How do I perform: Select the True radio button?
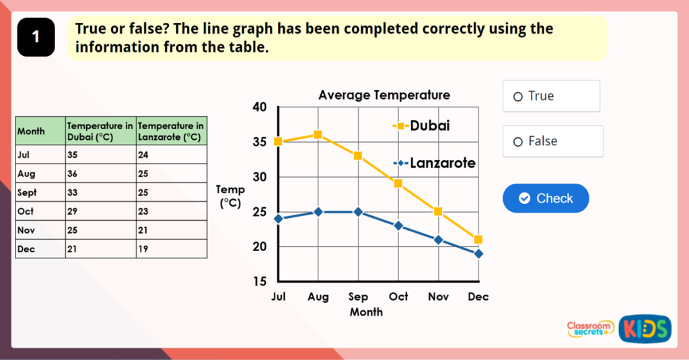coord(518,97)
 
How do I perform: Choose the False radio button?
coord(518,142)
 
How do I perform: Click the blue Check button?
coord(546,199)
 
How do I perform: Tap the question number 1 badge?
coord(36,38)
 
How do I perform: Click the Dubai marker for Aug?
coord(318,135)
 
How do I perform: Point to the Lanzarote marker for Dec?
coord(478,254)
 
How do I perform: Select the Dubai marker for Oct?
coord(398,183)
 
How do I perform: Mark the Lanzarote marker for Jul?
coord(279,219)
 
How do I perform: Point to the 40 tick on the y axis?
coord(260,107)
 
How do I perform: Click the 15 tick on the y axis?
coord(260,281)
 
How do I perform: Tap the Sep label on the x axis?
coord(358,297)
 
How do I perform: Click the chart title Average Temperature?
coord(384,95)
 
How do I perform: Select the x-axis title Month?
coord(366,312)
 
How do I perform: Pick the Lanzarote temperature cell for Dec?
coord(171,249)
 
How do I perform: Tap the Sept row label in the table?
coord(40,192)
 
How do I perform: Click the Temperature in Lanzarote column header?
coord(171,131)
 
